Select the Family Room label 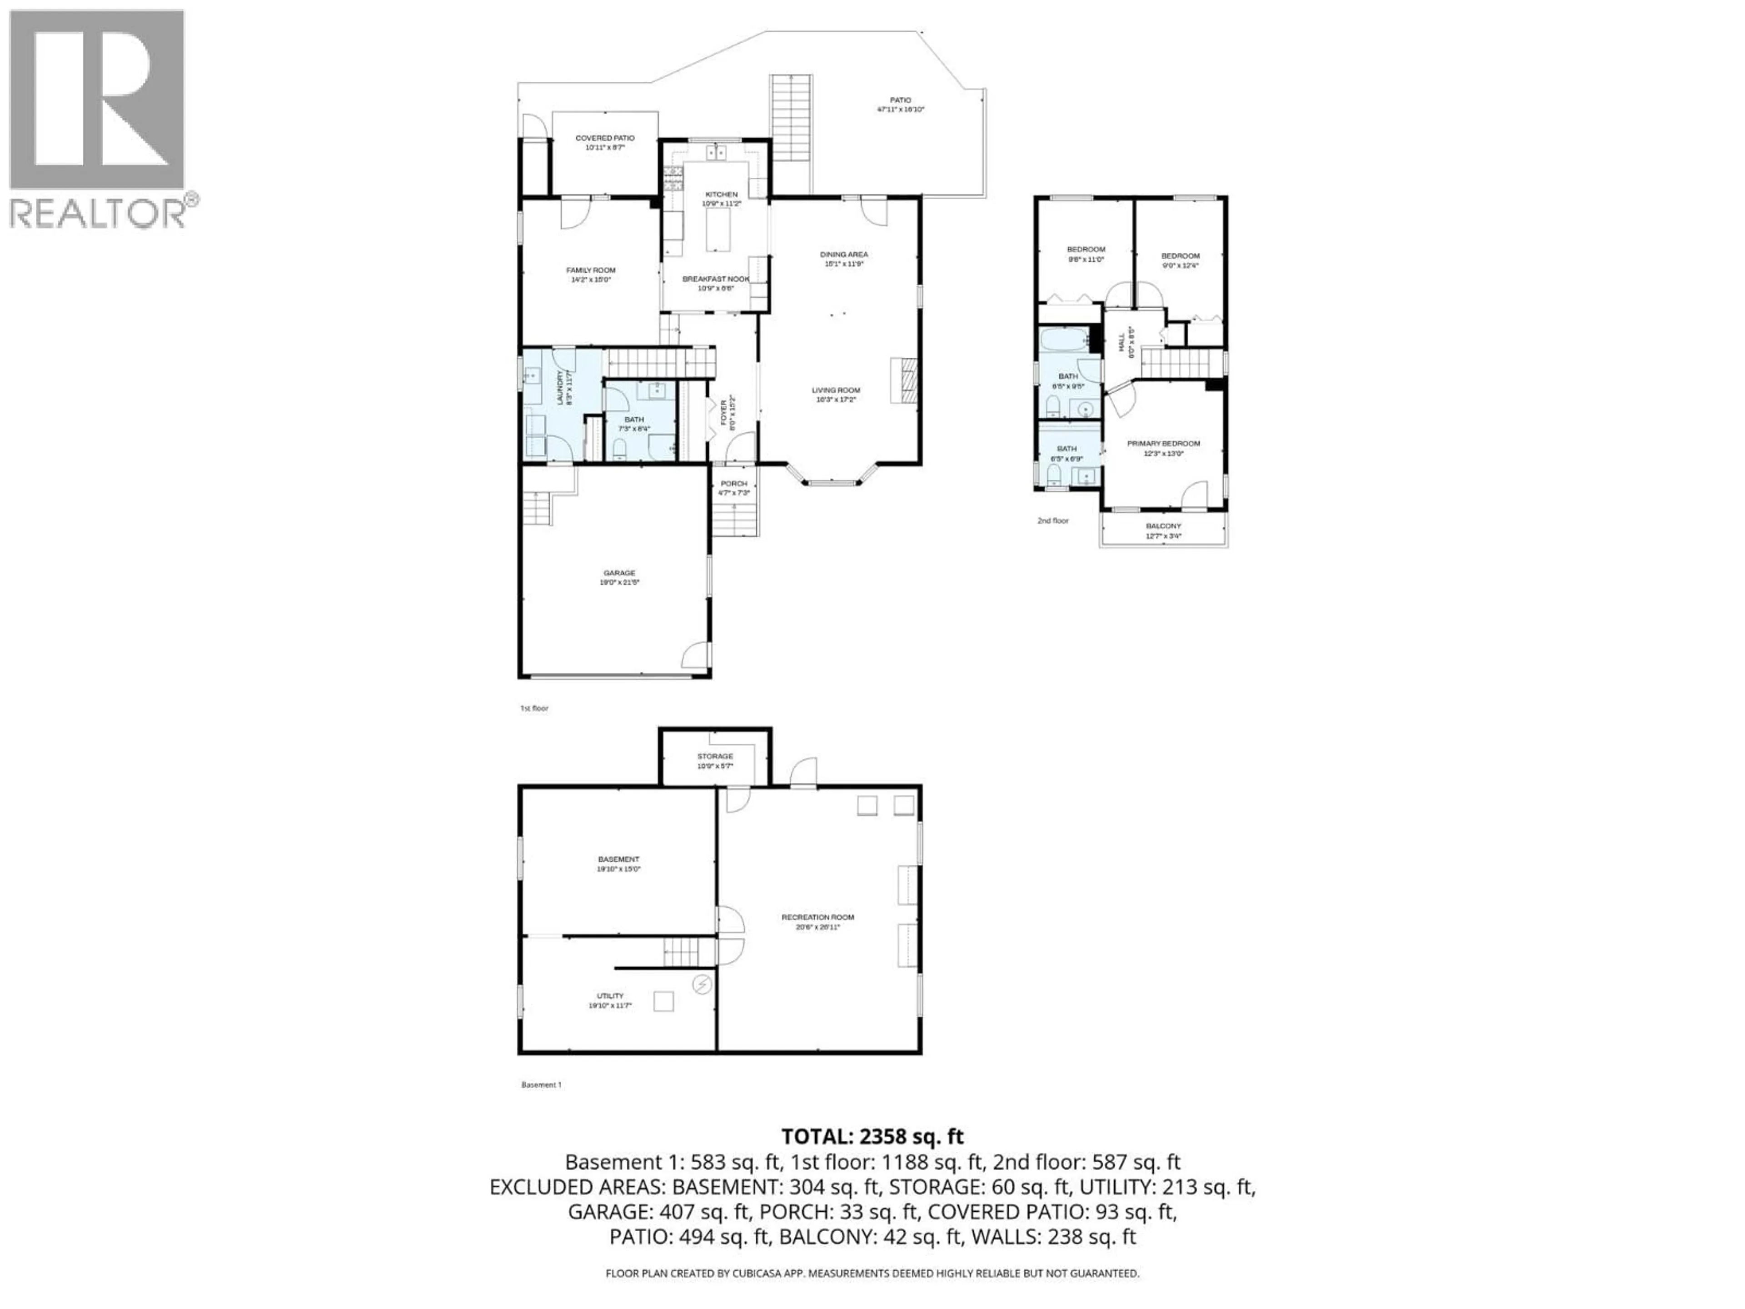click(591, 270)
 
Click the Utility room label click(610, 996)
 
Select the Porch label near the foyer click(733, 484)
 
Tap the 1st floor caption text click(534, 709)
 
